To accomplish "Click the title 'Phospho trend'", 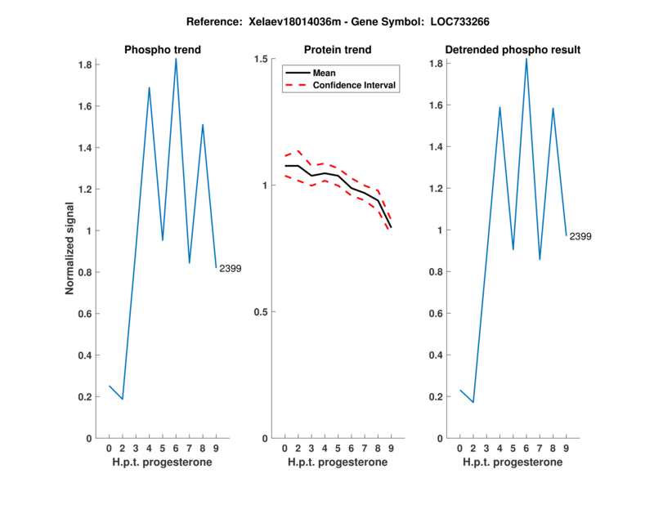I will (162, 50).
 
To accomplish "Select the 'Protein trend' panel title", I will (338, 50).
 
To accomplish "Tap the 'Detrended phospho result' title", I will (513, 50).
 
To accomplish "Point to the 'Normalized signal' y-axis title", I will (70, 248).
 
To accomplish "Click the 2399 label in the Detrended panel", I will (580, 236).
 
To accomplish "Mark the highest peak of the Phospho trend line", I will (176, 59).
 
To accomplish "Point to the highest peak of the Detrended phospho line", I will (526, 59).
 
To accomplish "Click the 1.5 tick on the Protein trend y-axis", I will (262, 59).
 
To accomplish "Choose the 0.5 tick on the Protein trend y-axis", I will (262, 312).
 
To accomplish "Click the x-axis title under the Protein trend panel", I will (338, 462).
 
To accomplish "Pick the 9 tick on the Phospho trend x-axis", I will (216, 449).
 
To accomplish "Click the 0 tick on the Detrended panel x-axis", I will (460, 449).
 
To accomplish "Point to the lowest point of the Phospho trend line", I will (123, 399).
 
